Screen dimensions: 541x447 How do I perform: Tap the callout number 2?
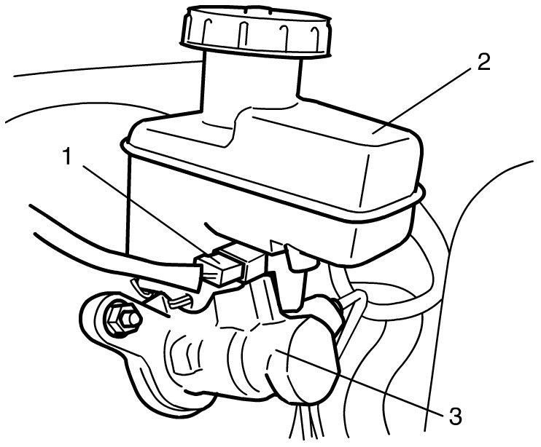click(483, 62)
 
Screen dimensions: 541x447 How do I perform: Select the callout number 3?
click(456, 416)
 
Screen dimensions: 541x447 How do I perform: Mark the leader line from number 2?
click(423, 100)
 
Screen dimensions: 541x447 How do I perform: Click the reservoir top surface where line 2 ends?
click(375, 132)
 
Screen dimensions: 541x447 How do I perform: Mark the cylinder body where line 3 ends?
click(276, 351)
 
